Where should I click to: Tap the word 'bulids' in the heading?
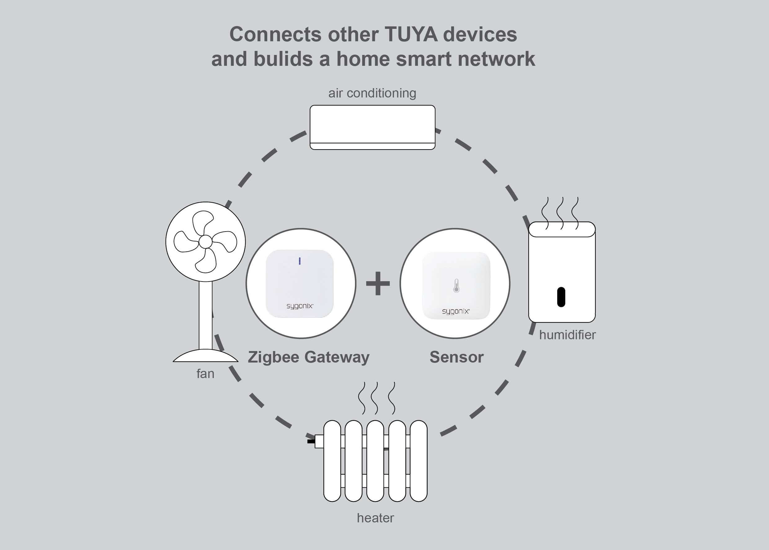(x=283, y=59)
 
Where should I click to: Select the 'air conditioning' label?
(x=372, y=93)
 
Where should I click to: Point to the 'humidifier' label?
(x=567, y=335)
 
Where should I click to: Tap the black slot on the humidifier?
(x=561, y=297)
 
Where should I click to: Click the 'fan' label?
(x=205, y=374)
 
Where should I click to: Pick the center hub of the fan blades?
(x=205, y=241)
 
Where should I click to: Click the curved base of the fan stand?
(x=205, y=356)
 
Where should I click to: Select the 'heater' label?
(x=375, y=518)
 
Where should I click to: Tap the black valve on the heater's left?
(x=311, y=441)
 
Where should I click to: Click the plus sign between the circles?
(x=378, y=283)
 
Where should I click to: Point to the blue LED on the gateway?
(x=300, y=261)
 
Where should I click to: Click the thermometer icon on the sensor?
(x=456, y=286)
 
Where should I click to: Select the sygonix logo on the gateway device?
(x=300, y=306)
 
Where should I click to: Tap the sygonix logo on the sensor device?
(x=456, y=311)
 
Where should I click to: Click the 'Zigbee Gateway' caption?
(x=308, y=357)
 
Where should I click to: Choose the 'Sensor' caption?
(x=456, y=357)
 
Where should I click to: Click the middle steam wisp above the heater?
(x=375, y=398)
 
